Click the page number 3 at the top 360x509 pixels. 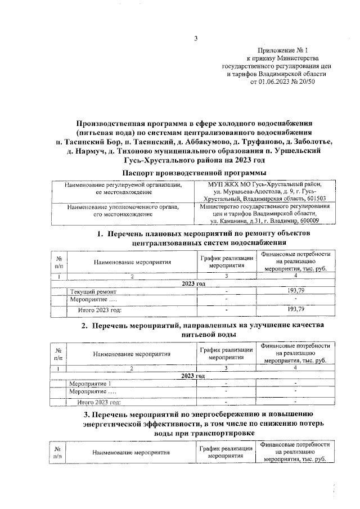coord(196,39)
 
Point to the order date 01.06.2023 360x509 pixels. coord(275,82)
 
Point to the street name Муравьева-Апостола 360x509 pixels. coord(249,192)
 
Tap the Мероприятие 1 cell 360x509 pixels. coord(89,384)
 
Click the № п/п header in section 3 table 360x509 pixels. coord(58,454)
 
